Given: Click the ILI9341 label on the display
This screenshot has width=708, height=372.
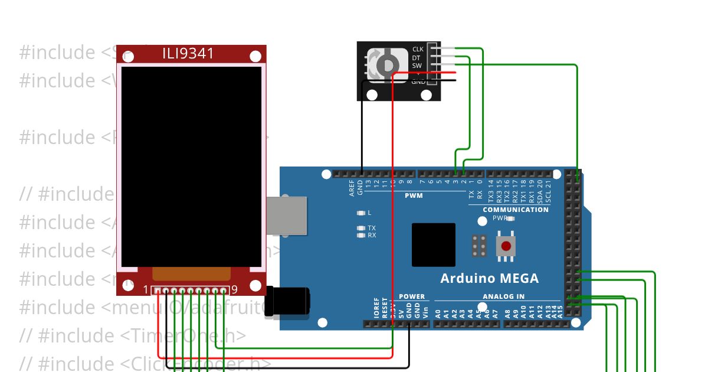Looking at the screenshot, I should (188, 54).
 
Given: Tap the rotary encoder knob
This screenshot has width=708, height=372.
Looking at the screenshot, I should (386, 64).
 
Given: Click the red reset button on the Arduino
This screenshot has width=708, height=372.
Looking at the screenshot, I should (506, 246).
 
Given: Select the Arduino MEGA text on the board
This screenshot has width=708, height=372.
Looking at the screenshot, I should (489, 278).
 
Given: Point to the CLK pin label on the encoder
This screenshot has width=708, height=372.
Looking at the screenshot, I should (418, 49).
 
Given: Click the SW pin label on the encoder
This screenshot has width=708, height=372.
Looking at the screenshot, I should (417, 66).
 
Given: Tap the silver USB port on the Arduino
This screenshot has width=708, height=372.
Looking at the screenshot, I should (287, 216).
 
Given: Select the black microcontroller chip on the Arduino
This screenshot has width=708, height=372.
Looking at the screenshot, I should (434, 244).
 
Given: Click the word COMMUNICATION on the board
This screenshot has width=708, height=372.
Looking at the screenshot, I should (515, 210).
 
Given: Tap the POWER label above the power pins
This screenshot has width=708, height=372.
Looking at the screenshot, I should (411, 296).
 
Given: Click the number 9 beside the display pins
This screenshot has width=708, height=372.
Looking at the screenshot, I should (234, 289).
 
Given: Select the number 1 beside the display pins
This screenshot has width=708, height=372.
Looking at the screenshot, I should (146, 289).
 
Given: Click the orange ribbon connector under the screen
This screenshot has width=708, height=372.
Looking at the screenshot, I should (191, 273).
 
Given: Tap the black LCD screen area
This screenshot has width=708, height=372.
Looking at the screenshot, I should (191, 165).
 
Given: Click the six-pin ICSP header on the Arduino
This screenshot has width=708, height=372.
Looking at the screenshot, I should (479, 246).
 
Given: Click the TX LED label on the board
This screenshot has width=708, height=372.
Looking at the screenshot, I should (371, 228).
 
